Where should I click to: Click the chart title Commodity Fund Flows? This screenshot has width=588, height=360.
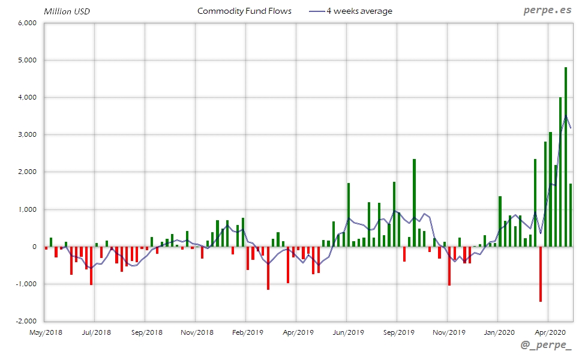click(x=244, y=11)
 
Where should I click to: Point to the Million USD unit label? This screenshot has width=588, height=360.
click(x=67, y=11)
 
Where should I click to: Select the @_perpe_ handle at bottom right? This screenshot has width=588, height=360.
click(x=547, y=346)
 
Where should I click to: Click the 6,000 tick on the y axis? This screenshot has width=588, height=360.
click(x=28, y=23)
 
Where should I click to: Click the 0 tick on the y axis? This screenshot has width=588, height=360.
click(x=35, y=247)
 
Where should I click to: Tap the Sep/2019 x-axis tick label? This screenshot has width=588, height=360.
click(x=398, y=331)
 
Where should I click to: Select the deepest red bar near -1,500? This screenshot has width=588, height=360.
click(x=541, y=274)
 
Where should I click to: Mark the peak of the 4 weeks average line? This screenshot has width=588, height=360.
click(x=566, y=116)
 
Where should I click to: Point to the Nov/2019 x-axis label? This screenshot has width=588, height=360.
click(x=449, y=331)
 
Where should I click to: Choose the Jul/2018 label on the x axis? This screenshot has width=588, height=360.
click(x=96, y=331)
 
